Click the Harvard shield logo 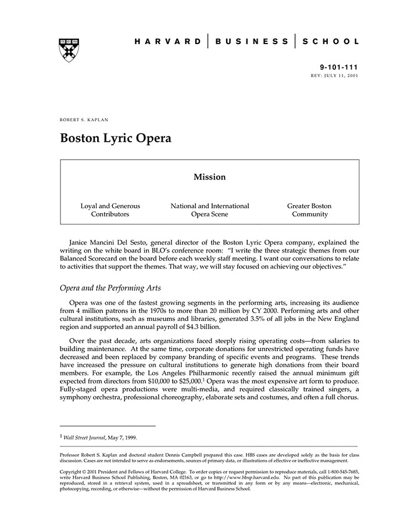[69, 49]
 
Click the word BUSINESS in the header [251, 42]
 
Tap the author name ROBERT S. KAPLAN [84, 119]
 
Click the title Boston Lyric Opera [115, 139]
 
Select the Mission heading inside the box [209, 177]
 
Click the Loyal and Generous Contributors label [110, 210]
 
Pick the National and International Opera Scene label [209, 210]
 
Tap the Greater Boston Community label [309, 210]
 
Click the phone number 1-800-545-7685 [338, 471]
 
